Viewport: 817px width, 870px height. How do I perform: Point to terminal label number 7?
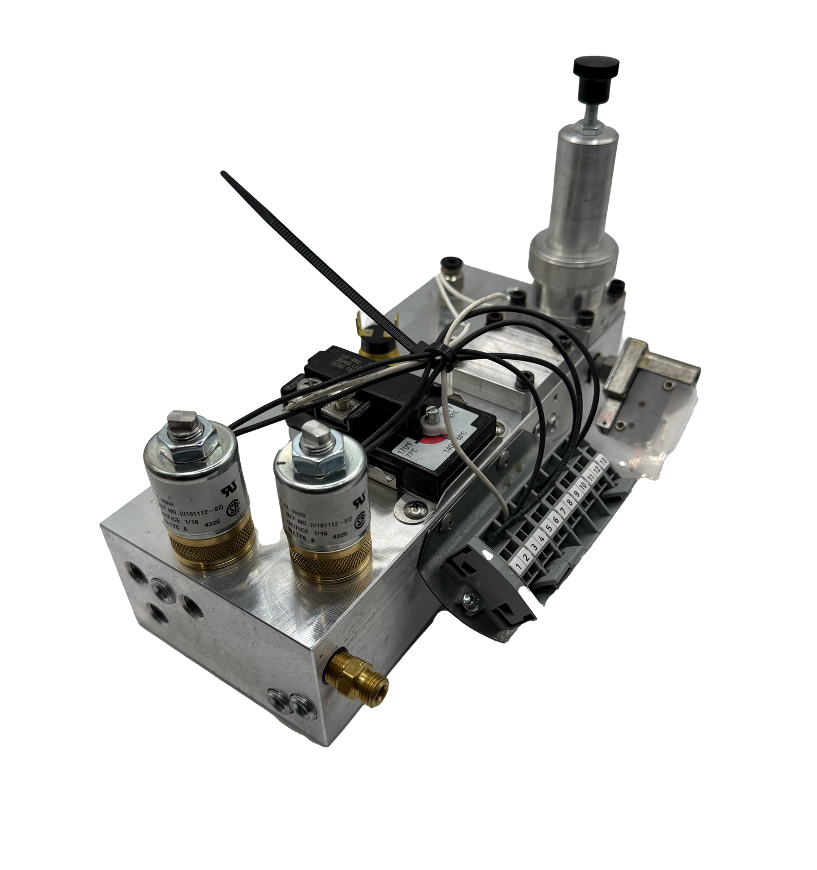click(563, 508)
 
